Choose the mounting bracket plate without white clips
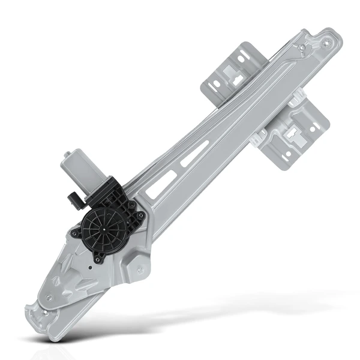pos(231,72)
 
